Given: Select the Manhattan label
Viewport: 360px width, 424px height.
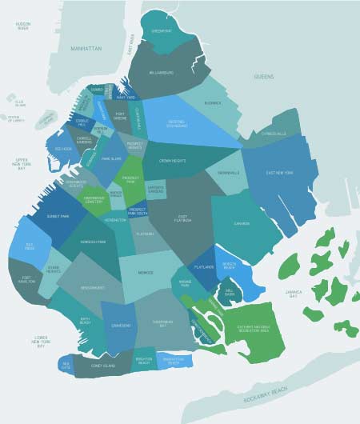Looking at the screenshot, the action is coord(86,49).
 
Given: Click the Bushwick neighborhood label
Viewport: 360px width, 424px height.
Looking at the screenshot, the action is coord(213,103).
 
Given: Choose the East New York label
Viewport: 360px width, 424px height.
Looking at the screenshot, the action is coord(280,173).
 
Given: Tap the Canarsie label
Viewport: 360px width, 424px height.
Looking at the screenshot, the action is coord(243,225).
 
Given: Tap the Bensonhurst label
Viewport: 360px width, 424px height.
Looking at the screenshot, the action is coord(94,286).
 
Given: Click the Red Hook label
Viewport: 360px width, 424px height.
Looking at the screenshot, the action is coord(63,149).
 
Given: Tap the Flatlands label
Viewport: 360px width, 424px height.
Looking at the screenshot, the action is coord(202,270).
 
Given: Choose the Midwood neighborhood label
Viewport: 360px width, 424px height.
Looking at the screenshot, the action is coord(146,273).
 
